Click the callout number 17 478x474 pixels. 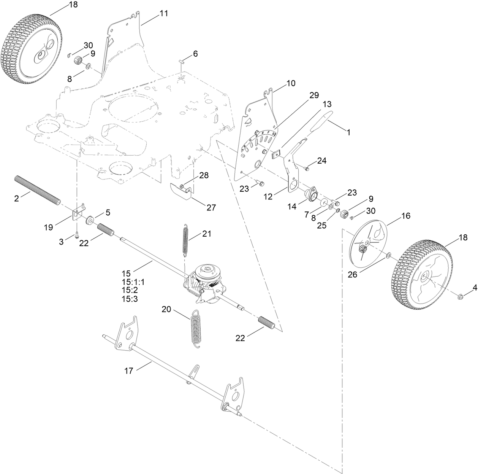(129, 370)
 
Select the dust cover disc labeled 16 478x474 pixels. (367, 243)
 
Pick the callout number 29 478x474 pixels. (314, 95)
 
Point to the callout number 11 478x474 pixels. (164, 13)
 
